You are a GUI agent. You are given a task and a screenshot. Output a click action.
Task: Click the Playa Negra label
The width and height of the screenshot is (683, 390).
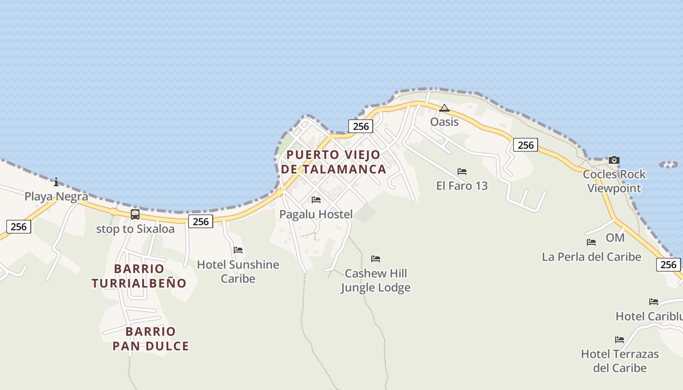(57, 196)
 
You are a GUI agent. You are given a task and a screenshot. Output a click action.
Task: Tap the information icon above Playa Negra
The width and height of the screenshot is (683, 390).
(56, 182)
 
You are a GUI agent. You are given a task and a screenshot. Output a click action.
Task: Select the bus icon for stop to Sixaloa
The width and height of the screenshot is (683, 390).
(135, 214)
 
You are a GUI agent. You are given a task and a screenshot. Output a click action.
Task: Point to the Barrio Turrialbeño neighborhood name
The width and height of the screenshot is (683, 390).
(139, 276)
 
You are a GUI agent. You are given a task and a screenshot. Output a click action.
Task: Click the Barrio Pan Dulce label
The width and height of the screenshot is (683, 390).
(151, 339)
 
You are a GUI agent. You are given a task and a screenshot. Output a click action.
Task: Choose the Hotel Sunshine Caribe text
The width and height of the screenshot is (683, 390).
(238, 272)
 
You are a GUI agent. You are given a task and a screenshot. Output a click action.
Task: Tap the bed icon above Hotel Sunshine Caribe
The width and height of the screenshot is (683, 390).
(238, 250)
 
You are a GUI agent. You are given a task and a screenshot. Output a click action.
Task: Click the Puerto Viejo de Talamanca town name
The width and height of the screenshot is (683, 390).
(334, 162)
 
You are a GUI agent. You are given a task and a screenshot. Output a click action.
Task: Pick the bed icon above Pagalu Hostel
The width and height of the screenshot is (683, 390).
(316, 200)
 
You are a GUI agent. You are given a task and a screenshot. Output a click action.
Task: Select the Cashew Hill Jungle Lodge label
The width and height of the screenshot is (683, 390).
(376, 280)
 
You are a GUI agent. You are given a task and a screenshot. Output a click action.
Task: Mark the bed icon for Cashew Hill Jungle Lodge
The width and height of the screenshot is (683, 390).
(376, 259)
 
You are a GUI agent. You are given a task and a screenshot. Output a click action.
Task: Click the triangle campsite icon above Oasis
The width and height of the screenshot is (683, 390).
(444, 108)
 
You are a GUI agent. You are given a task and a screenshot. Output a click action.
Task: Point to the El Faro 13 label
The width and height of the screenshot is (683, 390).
(462, 186)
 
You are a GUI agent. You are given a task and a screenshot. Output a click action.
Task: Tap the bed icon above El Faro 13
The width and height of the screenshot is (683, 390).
(462, 172)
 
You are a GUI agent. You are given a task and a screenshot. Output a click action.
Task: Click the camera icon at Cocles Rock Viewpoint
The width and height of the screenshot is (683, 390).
(614, 160)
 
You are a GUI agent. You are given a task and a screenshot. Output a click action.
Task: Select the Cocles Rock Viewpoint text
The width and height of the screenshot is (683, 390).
(614, 181)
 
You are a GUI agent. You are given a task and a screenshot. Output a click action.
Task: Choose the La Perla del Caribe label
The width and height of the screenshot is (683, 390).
(591, 256)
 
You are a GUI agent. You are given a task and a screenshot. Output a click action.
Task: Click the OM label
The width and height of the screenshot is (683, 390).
(615, 238)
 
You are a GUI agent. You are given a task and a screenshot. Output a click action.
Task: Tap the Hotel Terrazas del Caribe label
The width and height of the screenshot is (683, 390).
(620, 361)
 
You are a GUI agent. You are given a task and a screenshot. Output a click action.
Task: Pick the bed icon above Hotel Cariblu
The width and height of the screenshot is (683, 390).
(654, 302)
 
